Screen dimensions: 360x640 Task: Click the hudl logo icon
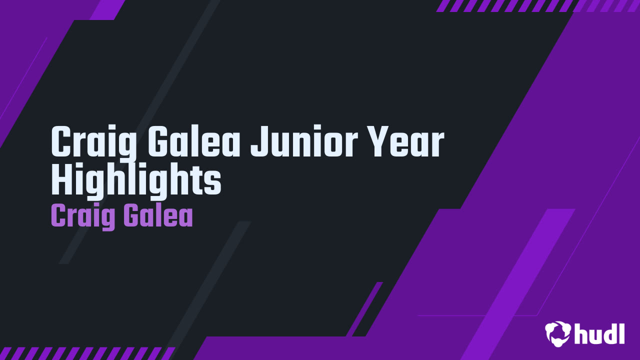click(558, 333)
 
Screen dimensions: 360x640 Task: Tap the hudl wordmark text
click(599, 333)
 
